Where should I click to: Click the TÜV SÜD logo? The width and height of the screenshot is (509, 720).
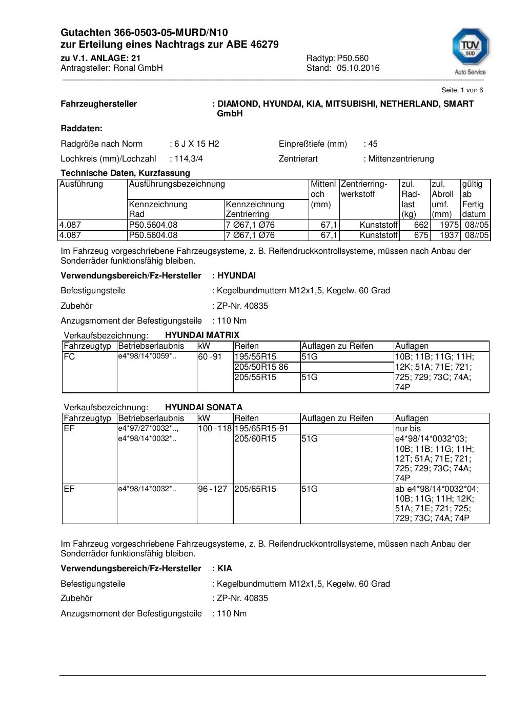[470, 50]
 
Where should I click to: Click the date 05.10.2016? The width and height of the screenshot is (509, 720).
[358, 68]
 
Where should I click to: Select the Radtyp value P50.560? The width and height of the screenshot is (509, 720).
[353, 58]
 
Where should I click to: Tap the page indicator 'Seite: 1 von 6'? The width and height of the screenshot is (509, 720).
[462, 90]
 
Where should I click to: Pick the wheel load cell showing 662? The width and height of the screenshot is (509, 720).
[421, 225]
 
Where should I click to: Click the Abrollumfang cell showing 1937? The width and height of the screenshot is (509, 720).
[449, 235]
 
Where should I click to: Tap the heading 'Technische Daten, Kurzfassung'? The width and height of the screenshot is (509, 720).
[125, 173]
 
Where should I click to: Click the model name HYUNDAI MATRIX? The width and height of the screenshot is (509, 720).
[202, 335]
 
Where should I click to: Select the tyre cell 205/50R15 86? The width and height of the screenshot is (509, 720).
[261, 367]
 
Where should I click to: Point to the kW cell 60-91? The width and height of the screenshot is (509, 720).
[210, 356]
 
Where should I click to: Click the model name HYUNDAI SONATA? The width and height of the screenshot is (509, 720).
[203, 407]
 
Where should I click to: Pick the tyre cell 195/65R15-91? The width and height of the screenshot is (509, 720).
[261, 428]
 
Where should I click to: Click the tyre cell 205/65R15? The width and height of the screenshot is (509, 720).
[255, 489]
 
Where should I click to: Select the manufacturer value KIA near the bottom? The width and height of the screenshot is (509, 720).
[225, 568]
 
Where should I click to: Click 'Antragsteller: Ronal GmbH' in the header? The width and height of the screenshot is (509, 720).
[111, 68]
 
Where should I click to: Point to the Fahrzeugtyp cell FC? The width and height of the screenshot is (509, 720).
[69, 356]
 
